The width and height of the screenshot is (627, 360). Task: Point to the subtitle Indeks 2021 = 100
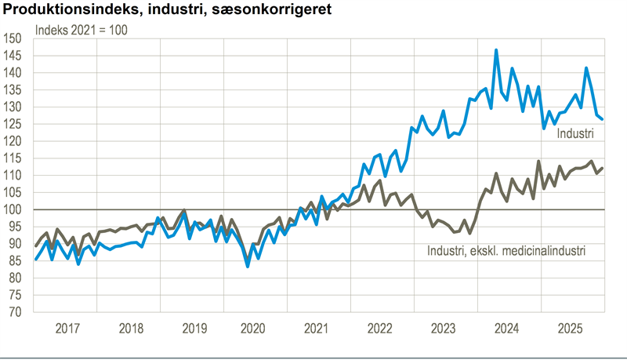click(82, 31)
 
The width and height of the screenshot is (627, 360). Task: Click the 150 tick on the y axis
click(13, 38)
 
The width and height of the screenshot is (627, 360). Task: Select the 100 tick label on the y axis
click(13, 209)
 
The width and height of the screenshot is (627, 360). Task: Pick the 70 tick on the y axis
click(15, 312)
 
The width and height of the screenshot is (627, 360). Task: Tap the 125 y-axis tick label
click(13, 124)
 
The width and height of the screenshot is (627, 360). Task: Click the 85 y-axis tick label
click(15, 261)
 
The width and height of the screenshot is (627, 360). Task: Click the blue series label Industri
click(574, 134)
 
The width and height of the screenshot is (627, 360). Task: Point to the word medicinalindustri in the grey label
click(542, 252)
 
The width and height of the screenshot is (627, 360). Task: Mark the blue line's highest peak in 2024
click(496, 50)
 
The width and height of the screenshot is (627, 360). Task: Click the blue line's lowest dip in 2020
click(248, 266)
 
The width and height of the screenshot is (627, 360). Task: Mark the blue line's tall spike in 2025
click(586, 68)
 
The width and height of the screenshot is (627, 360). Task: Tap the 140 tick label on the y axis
click(13, 73)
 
